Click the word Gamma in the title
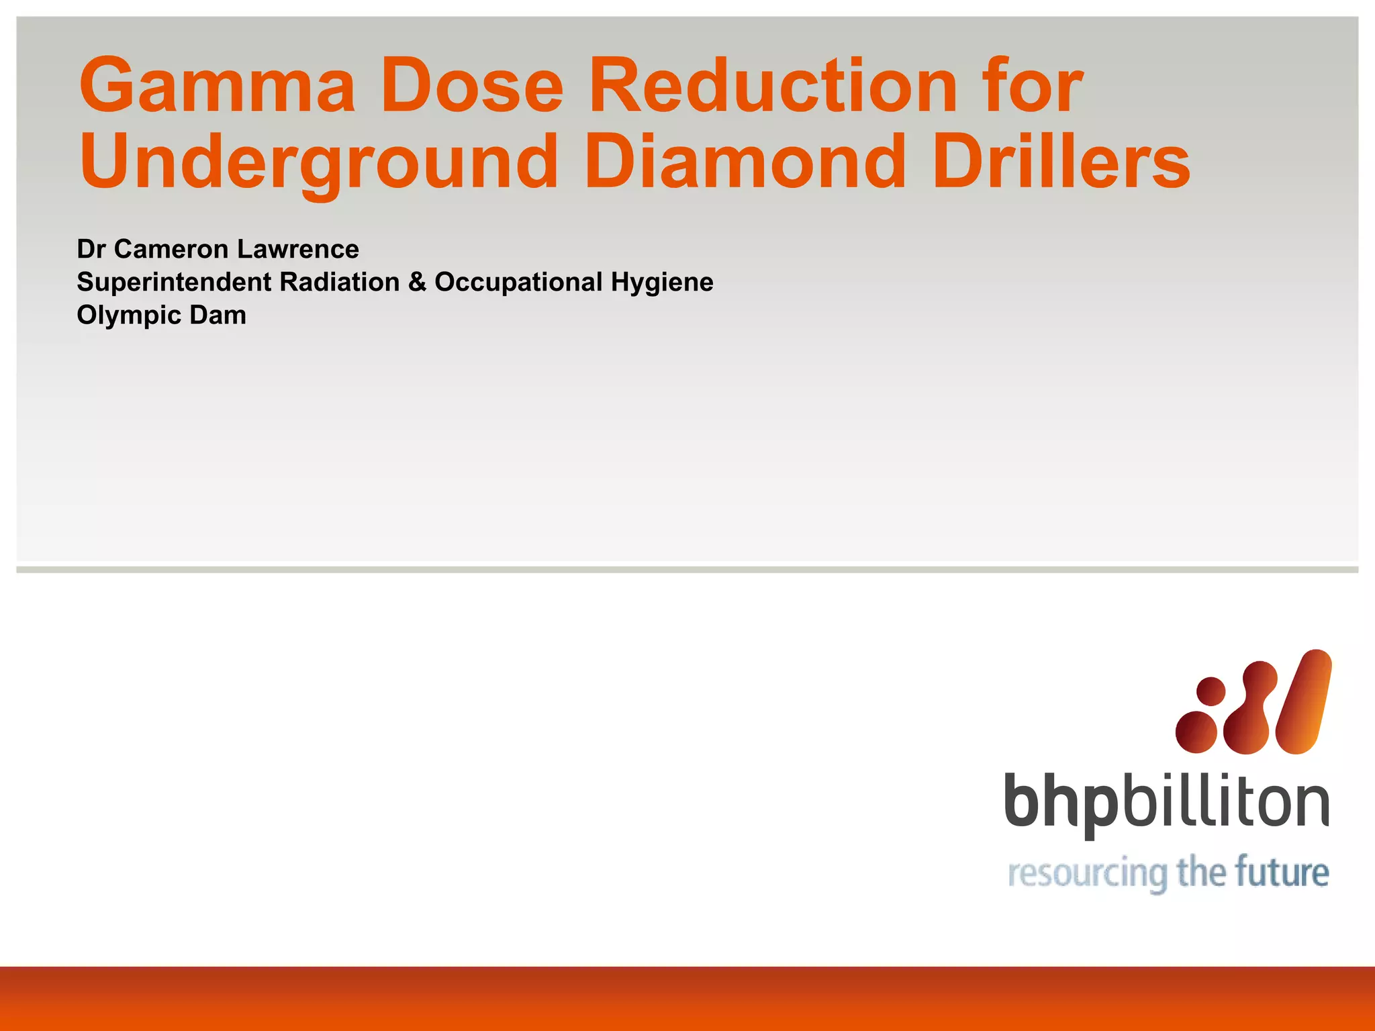(216, 86)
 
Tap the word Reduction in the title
(772, 86)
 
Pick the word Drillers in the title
(1061, 161)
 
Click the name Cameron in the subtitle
(171, 250)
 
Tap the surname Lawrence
(297, 250)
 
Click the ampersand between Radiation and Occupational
(417, 282)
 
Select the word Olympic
(128, 315)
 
